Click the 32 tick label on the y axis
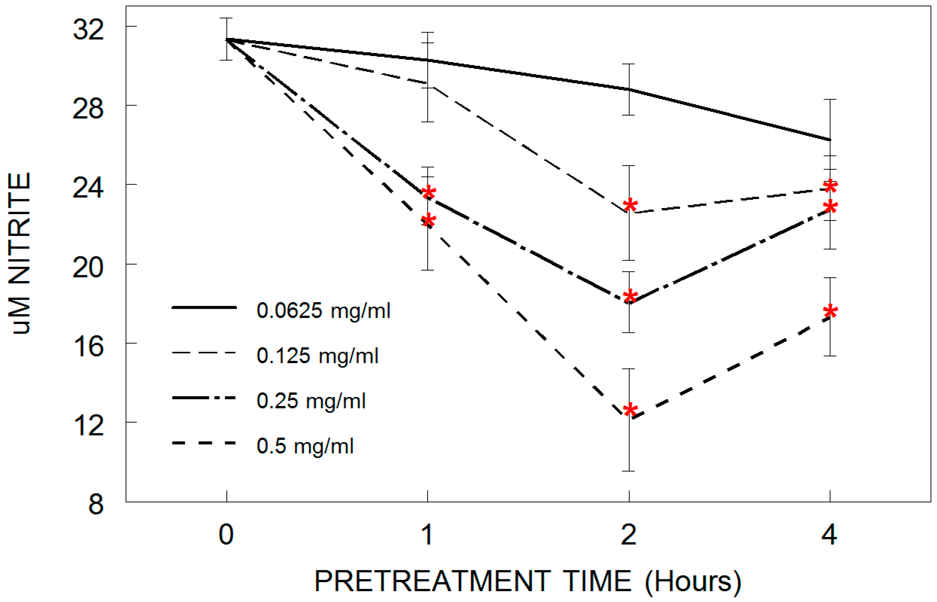tap(88, 29)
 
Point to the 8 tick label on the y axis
tap(96, 505)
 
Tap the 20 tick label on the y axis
tap(88, 268)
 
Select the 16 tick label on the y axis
tap(88, 347)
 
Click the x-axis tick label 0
tap(226, 534)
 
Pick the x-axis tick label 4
tap(829, 534)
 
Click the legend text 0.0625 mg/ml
tap(323, 311)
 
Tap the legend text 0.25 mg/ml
tap(311, 401)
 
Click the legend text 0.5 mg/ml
tap(305, 446)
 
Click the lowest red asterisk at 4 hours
tap(830, 312)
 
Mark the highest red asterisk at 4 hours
tap(830, 186)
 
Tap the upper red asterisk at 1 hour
tap(429, 192)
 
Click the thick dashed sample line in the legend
tap(204, 443)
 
